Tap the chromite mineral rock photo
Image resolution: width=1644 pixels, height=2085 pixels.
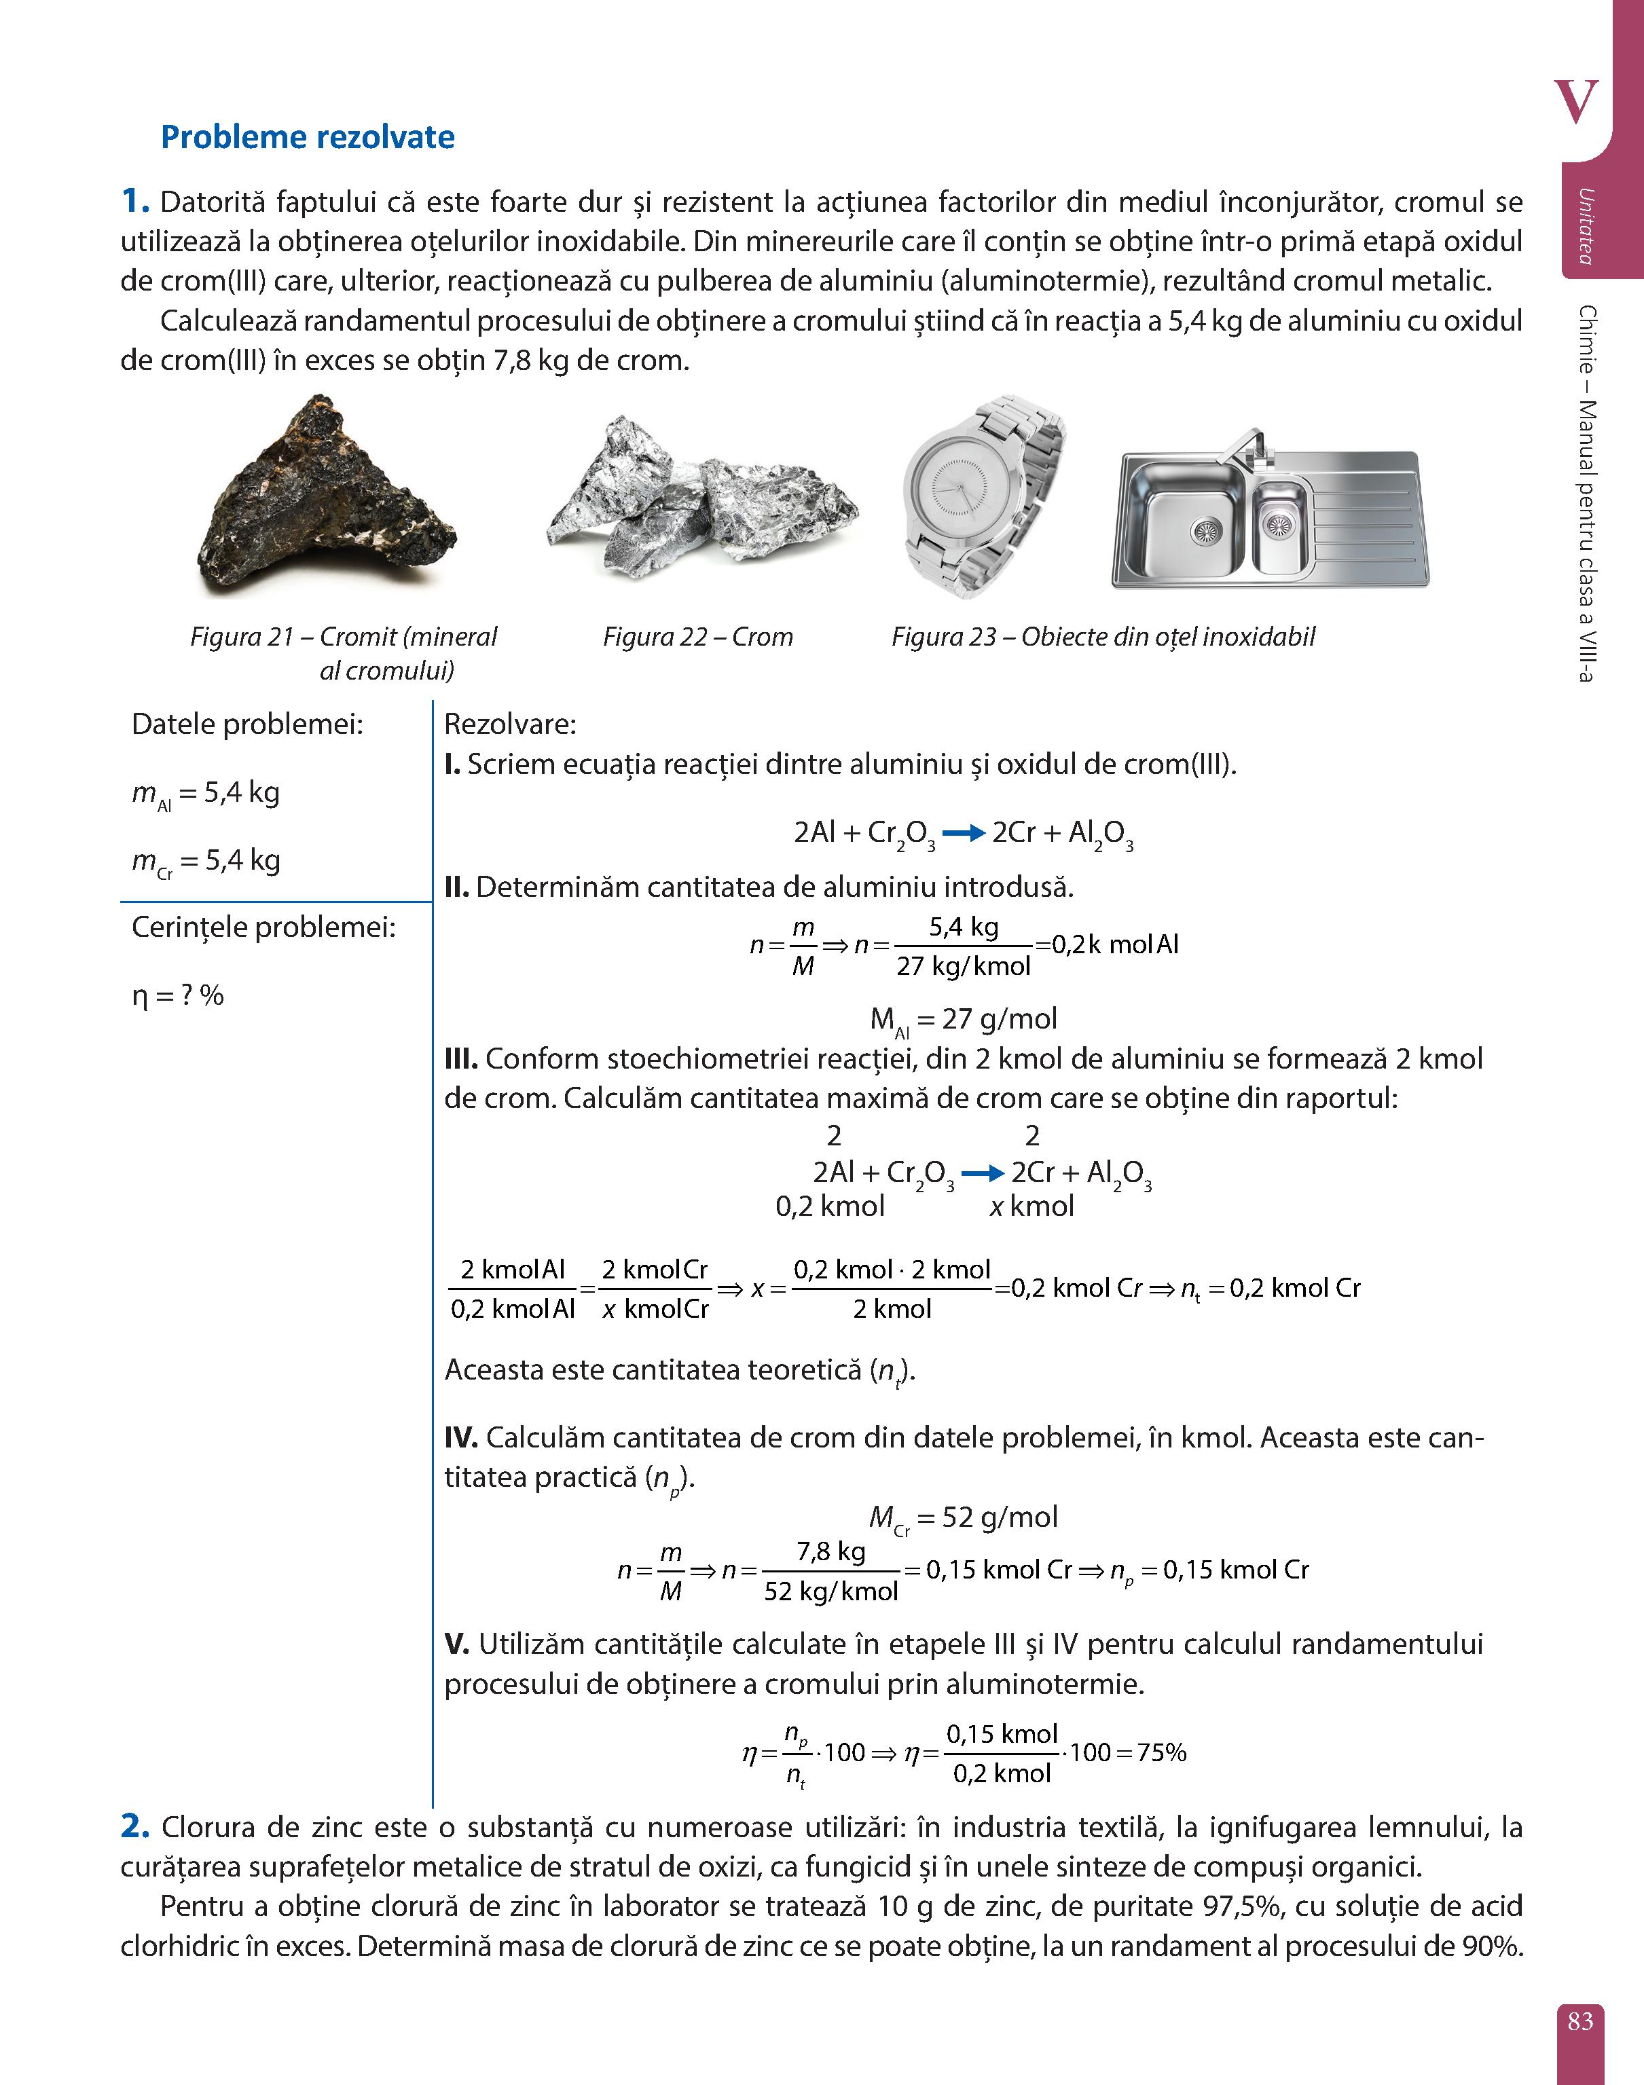[x=325, y=498]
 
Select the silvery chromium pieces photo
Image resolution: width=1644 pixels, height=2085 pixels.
[x=701, y=500]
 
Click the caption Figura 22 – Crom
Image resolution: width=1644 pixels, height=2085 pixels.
[x=698, y=637]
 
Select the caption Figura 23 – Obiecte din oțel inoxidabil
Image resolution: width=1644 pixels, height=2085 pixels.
[x=1102, y=637]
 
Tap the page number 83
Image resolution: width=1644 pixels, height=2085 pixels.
[x=1579, y=2021]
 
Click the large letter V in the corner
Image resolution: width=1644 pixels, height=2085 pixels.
[x=1575, y=102]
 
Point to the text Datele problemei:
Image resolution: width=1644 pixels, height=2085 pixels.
[x=247, y=724]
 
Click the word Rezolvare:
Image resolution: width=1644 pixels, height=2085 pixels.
[x=510, y=724]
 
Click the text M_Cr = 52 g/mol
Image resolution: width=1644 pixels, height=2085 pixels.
[x=962, y=1518]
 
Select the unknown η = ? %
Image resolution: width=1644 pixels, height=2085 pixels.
[x=178, y=996]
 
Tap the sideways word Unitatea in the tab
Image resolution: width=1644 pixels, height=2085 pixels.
[x=1584, y=226]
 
